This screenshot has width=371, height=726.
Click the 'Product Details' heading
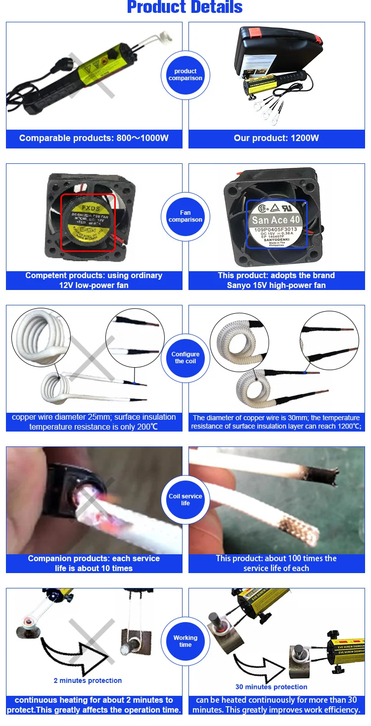[x=185, y=7]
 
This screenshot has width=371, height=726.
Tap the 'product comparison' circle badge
[x=185, y=75]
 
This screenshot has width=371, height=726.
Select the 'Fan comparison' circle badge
[x=185, y=216]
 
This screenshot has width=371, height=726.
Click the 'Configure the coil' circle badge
[x=185, y=358]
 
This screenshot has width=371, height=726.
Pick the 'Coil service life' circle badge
[x=185, y=500]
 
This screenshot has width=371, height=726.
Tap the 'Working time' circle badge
[x=185, y=641]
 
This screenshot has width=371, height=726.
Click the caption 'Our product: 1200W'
[x=277, y=138]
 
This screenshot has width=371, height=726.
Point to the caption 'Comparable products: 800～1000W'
[x=94, y=138]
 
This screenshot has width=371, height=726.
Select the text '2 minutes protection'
[x=88, y=680]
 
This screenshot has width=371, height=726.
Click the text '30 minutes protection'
[x=271, y=687]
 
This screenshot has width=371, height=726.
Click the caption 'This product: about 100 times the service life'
[x=277, y=563]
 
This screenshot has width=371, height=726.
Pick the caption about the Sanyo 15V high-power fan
[x=277, y=280]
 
